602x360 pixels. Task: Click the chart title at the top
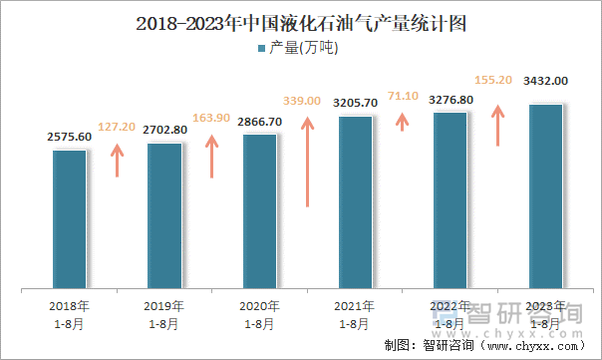point(301,22)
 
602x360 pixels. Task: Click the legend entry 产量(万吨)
point(300,48)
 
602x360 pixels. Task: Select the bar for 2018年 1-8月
point(70,219)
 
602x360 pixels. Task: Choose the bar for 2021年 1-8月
point(355,202)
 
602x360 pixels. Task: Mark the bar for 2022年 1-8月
point(451,200)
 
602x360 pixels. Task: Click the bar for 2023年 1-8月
point(545,196)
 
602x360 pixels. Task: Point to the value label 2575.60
point(69,137)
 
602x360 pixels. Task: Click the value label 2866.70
point(259,121)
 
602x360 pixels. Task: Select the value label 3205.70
point(355,103)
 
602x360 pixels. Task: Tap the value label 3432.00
point(546,81)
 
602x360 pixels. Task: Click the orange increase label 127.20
point(118,128)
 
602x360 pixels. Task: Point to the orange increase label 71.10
point(403,95)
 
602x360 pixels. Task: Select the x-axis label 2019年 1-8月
point(164,314)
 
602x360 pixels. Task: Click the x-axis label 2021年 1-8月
point(355,314)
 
